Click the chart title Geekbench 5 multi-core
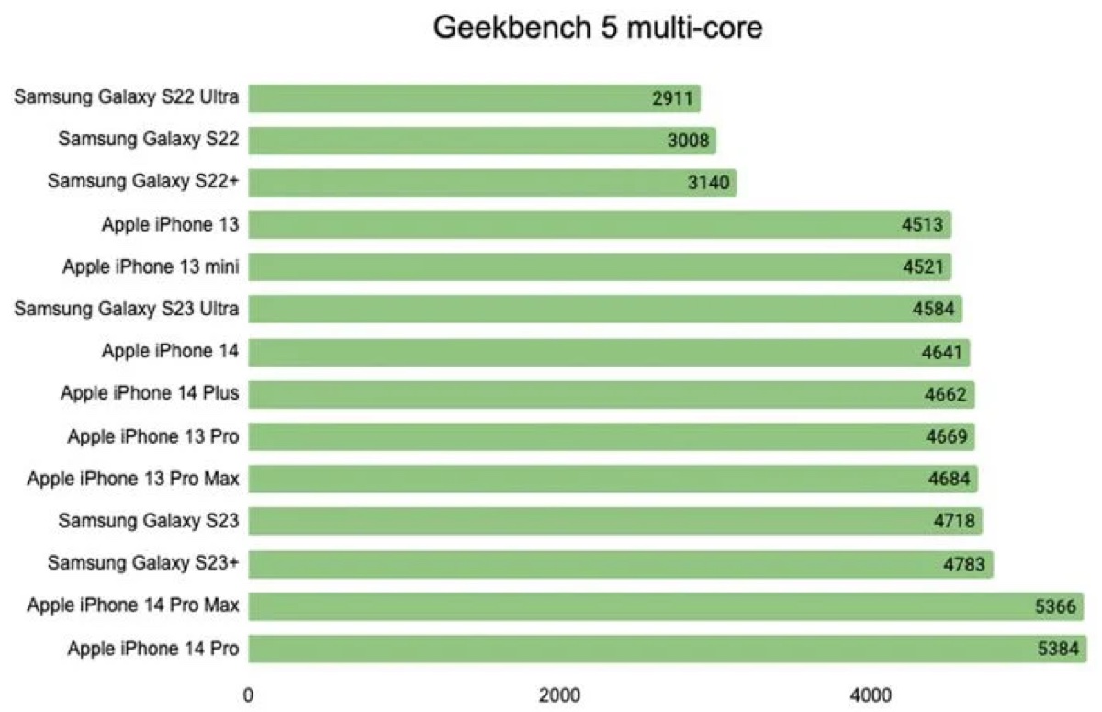click(598, 28)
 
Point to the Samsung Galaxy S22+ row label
click(143, 182)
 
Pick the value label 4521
click(921, 267)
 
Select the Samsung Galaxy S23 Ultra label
click(127, 309)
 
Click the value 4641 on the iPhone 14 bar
click(939, 352)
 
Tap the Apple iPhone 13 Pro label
click(153, 436)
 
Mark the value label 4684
click(948, 479)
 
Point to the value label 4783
click(963, 563)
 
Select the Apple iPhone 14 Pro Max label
click(133, 605)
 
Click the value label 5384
click(1056, 649)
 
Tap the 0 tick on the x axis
click(248, 695)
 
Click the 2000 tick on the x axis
click(559, 695)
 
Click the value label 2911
click(671, 98)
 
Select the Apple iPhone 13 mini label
click(151, 267)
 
